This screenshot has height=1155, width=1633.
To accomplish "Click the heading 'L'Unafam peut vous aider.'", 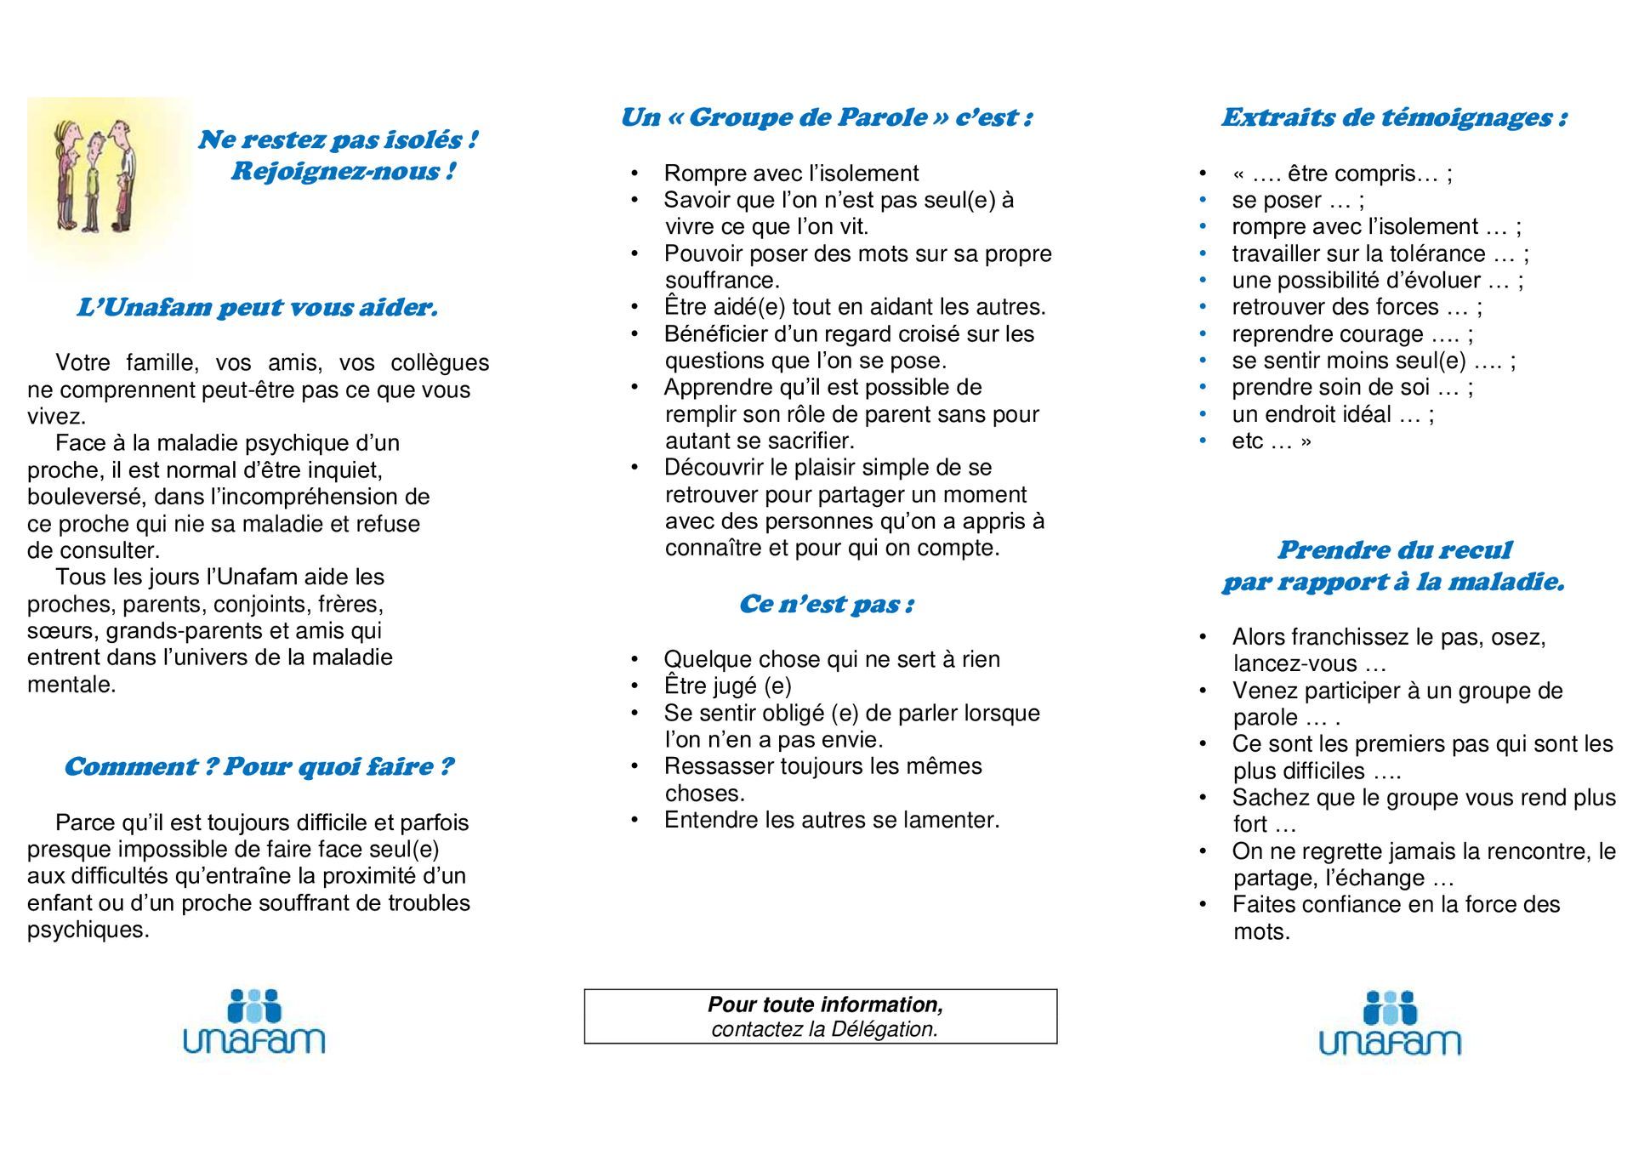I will click(x=257, y=307).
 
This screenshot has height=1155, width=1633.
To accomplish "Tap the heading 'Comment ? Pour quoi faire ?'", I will click(x=259, y=766).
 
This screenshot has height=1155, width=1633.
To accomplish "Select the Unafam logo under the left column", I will click(x=254, y=1022).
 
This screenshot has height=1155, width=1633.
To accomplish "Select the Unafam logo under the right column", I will click(x=1390, y=1023).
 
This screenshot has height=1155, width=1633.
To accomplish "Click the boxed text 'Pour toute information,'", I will click(x=825, y=1004).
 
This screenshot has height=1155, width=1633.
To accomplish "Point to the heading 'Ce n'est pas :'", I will click(x=826, y=604).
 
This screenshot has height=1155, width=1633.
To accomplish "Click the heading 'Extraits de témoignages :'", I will click(x=1394, y=117).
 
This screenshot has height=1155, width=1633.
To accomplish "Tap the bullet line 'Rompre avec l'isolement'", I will click(x=791, y=174).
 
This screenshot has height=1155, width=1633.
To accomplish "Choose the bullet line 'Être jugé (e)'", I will click(x=727, y=686).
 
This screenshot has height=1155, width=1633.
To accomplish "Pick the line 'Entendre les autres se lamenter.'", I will click(x=831, y=820).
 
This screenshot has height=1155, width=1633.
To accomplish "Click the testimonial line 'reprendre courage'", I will click(x=1352, y=334).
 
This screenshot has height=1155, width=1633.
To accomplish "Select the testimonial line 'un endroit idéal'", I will click(x=1332, y=414).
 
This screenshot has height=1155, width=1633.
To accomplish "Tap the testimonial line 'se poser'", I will click(x=1297, y=201).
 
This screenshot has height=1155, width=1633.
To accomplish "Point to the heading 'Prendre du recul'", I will click(x=1394, y=550).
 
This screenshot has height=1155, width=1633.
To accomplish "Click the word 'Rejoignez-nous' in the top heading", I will click(x=335, y=172).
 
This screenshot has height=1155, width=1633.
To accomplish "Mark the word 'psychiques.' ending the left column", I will click(x=88, y=930).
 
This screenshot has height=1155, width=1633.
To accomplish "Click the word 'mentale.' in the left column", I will click(x=71, y=684).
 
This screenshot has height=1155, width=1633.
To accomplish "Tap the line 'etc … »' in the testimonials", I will click(x=1272, y=441).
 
